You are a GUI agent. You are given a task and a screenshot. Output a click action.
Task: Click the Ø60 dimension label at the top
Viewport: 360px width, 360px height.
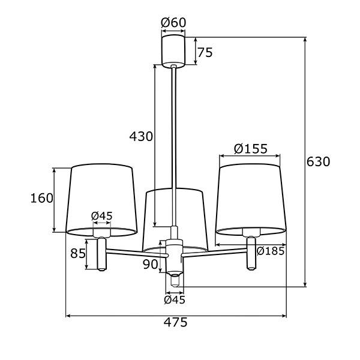click(x=173, y=23)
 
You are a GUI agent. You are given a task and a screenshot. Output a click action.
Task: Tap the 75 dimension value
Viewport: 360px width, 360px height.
click(x=205, y=52)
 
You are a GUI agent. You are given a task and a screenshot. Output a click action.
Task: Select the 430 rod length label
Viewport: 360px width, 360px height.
click(x=141, y=136)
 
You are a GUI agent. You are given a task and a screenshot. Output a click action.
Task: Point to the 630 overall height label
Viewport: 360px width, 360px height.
click(x=318, y=161)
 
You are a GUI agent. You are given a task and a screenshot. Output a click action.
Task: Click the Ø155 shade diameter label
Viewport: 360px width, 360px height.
click(x=250, y=149)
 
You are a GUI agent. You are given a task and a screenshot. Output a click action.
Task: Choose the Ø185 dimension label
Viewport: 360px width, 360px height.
click(x=271, y=251)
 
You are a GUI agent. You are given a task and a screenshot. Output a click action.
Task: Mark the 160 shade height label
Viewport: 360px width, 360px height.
click(x=42, y=198)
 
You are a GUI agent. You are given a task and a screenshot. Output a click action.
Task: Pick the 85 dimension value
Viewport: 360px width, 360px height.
click(x=78, y=253)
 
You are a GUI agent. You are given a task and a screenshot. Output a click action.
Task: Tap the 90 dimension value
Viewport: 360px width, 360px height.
click(x=151, y=264)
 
